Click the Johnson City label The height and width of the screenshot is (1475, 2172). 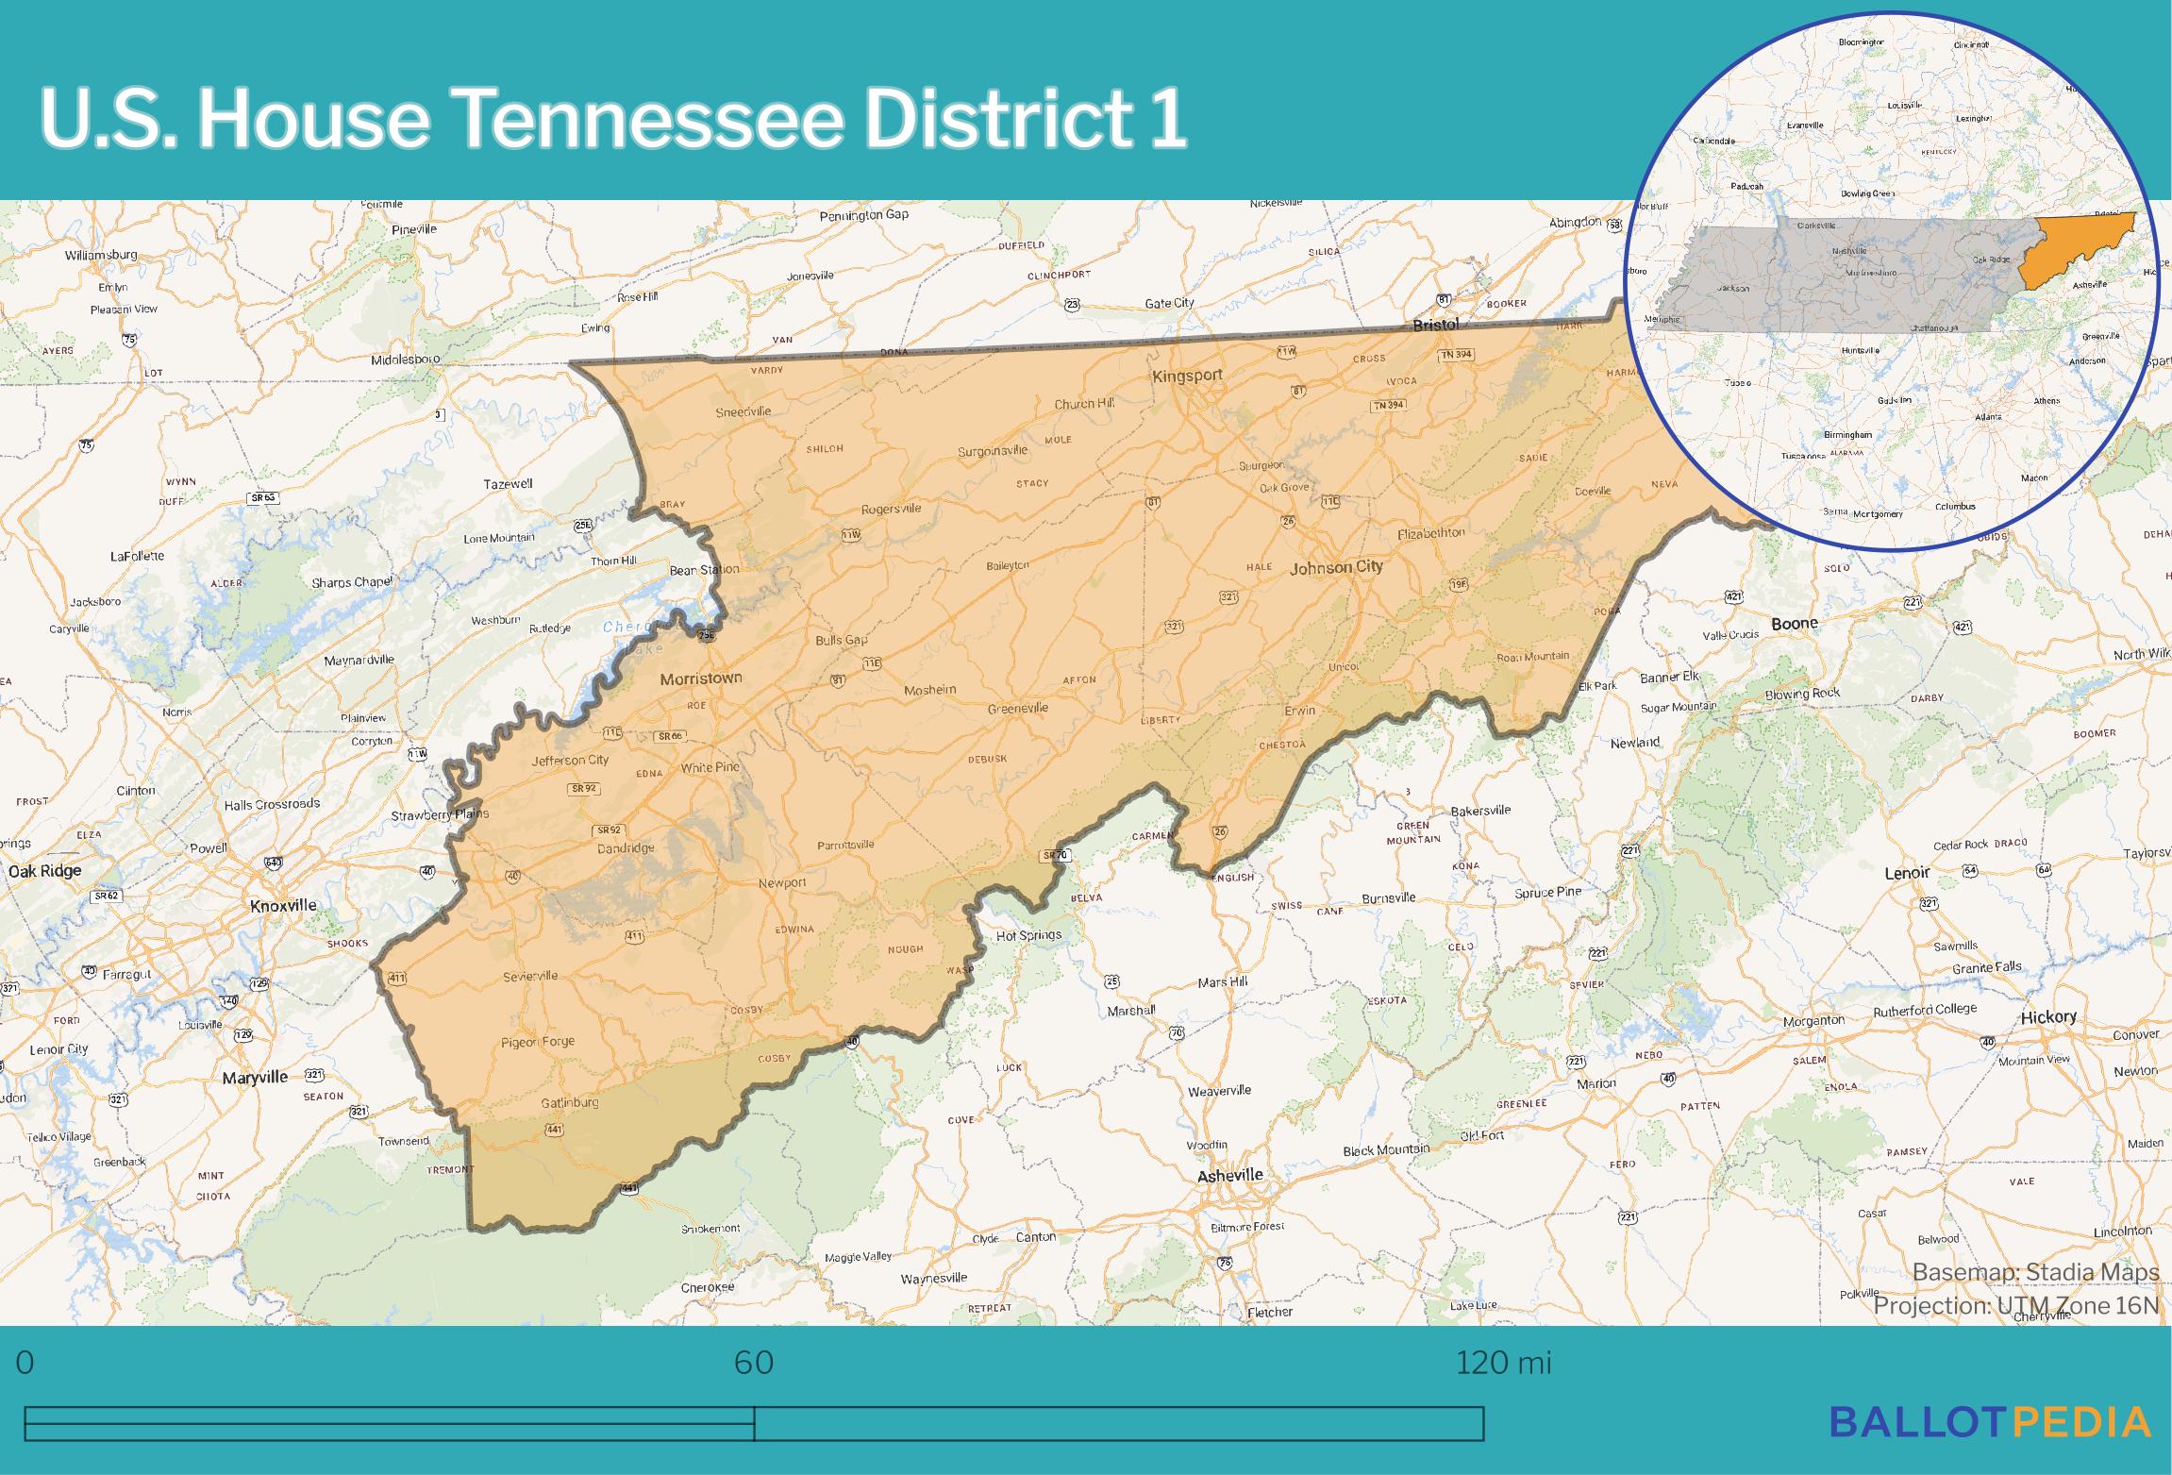point(1336,567)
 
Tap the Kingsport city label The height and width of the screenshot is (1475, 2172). point(1187,376)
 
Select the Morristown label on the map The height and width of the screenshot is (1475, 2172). point(701,679)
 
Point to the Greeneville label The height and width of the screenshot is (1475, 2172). point(1018,709)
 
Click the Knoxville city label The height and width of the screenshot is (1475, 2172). point(283,906)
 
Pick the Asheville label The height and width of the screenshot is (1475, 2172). point(1229,1176)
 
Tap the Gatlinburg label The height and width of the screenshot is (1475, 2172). point(570,1103)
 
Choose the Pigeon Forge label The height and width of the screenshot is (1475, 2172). point(538,1042)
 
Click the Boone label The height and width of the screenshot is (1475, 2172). point(1795,624)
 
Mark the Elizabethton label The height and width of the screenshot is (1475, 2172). point(1431,534)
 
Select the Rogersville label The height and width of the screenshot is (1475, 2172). point(891,510)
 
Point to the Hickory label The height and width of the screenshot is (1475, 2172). point(2048,1017)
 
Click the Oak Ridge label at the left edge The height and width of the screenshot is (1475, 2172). point(45,871)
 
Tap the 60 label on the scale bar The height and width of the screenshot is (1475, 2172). point(754,1363)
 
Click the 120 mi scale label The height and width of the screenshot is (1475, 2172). point(1503,1363)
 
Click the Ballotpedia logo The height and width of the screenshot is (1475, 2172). point(1990,1421)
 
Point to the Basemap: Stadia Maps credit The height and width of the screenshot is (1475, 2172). point(2035,1272)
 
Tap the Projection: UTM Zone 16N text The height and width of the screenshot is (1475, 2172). point(2015,1306)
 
